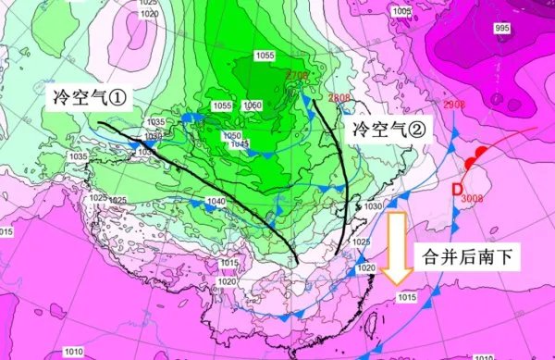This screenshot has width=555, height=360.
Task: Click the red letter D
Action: coord(456,190)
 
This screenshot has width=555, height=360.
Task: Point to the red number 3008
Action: coord(471,198)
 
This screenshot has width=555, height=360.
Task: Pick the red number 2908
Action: coord(454,106)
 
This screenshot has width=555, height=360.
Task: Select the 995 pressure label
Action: coord(502,30)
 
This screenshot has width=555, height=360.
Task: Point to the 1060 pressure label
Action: coord(252,106)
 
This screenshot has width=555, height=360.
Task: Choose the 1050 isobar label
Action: coord(232,135)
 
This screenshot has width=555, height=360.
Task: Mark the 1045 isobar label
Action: coord(238,143)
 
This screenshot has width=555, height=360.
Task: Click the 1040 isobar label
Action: coord(216,202)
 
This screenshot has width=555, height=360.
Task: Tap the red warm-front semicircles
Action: coord(475,160)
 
